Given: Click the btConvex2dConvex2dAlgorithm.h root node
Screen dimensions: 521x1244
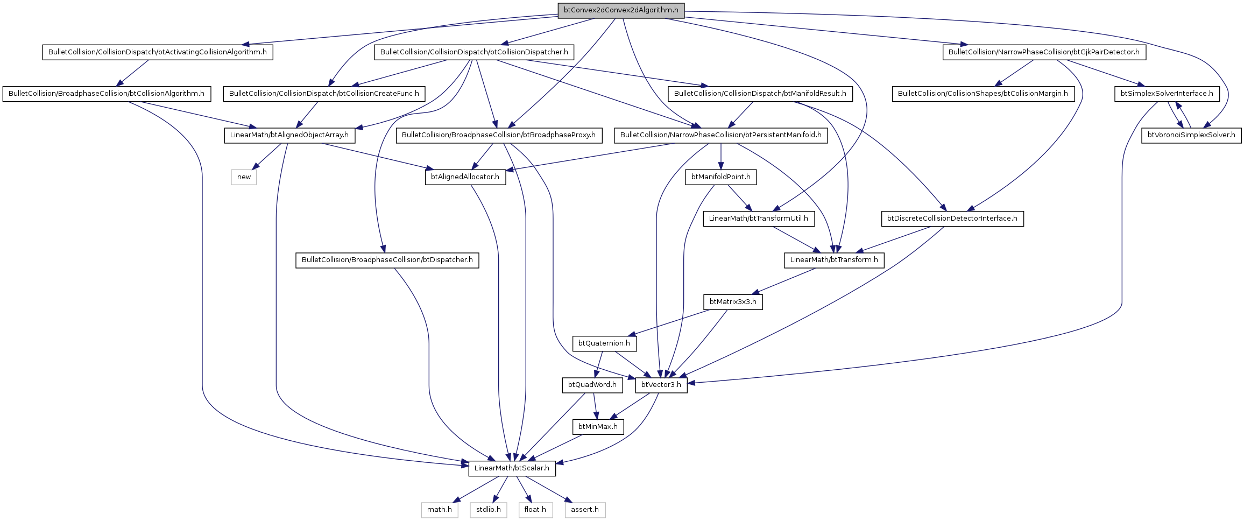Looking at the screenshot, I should coord(621,10).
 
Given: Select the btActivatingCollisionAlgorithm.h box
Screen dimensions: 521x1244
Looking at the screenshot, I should coord(158,52).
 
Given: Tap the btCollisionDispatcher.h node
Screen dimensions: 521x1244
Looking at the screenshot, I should coord(474,52).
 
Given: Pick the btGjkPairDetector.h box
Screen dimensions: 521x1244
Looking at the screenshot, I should coord(1044,52).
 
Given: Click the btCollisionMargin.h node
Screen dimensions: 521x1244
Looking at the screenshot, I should coord(983,94).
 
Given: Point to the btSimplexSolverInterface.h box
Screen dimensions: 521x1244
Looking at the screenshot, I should coord(1167,94).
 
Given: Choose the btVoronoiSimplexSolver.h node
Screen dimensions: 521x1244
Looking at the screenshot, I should coord(1191,135).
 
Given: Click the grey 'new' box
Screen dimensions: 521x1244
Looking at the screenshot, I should coord(244,177).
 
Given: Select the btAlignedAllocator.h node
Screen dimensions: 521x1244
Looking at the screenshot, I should coord(465,177).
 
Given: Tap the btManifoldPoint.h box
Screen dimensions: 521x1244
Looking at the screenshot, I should coord(720,177).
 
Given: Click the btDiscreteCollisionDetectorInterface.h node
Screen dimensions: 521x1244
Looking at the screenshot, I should coord(952,219).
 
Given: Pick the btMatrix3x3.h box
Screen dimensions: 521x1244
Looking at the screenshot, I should coord(733,302).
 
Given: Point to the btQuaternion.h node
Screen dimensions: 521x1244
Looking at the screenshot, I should coord(604,343).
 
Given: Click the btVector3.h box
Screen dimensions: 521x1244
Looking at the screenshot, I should coord(661,385).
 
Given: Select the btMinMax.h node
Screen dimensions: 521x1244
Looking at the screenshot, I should coord(598,427).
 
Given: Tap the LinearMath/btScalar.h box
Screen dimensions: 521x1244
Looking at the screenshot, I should coord(512,468).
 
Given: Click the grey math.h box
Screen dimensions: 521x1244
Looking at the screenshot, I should coord(439,510).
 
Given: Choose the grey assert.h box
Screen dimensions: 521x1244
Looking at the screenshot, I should coord(584,510).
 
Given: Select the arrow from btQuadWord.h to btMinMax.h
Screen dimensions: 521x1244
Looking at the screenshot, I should coord(595,406).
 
